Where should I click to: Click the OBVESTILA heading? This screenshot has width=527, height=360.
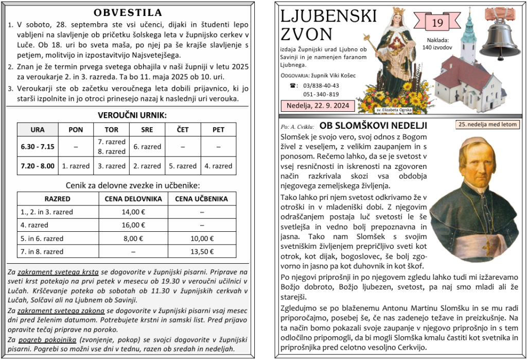click(129, 13)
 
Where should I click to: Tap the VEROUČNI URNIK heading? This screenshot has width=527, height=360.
click(129, 115)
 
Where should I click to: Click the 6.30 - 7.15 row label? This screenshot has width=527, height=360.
click(38, 147)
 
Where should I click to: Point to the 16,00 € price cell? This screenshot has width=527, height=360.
click(133, 225)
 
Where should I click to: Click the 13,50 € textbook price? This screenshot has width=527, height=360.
click(202, 252)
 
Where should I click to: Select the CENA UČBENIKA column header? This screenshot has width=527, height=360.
click(202, 199)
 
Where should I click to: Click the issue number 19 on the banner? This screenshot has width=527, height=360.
click(437, 23)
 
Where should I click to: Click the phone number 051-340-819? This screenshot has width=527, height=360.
click(321, 94)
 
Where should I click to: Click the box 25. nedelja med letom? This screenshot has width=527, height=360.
click(487, 125)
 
